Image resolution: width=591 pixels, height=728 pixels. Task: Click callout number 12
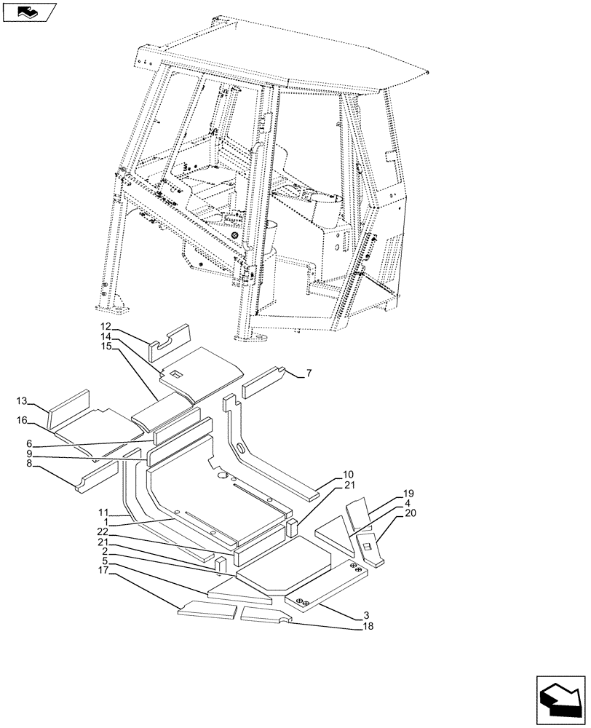click(x=106, y=327)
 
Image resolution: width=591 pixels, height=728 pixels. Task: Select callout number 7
click(x=309, y=373)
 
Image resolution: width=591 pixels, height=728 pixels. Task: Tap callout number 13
click(x=22, y=401)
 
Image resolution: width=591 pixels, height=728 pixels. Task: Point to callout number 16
click(x=22, y=420)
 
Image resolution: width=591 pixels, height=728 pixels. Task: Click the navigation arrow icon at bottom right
click(x=560, y=699)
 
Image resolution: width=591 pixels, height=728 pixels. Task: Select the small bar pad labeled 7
click(x=266, y=381)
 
